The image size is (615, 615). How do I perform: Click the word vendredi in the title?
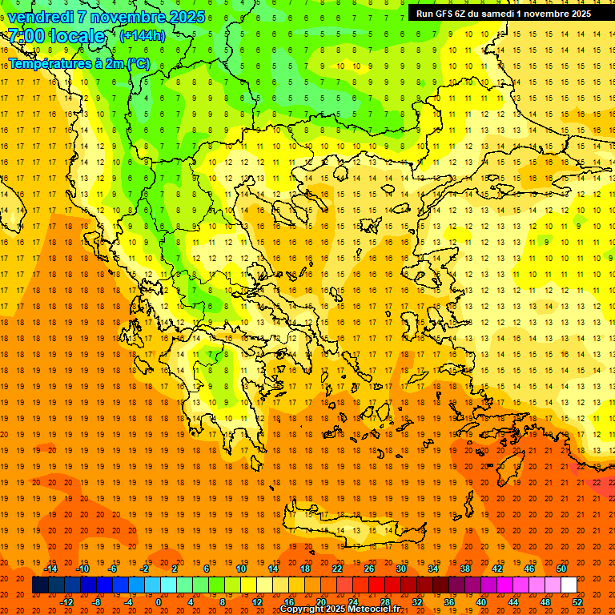click(41, 17)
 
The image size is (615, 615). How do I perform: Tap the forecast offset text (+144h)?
click(142, 35)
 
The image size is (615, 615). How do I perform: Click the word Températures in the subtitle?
click(46, 63)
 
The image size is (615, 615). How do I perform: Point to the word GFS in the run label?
click(443, 13)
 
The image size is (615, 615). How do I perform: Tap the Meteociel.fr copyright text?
click(340, 609)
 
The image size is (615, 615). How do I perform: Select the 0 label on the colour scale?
click(159, 602)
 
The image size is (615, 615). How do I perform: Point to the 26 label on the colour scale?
click(368, 569)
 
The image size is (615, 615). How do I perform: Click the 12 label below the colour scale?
click(257, 602)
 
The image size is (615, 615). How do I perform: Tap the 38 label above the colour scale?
click(464, 569)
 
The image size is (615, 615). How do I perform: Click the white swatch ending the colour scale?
click(569, 585)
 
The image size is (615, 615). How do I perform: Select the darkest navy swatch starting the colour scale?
click(40, 585)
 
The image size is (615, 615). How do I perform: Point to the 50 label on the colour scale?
click(561, 569)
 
